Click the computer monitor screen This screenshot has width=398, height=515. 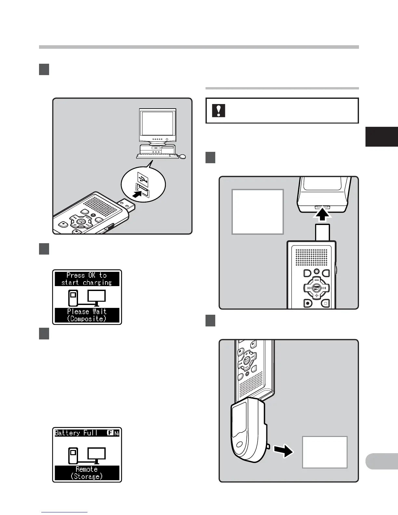[157, 124]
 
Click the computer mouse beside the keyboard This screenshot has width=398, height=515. [183, 157]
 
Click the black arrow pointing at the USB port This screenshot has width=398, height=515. [138, 195]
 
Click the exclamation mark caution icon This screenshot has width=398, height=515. [219, 111]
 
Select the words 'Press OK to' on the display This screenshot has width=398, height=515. [86, 275]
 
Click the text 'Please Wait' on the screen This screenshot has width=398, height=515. [87, 311]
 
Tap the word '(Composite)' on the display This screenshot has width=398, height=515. [87, 319]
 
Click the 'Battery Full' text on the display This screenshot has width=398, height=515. [76, 433]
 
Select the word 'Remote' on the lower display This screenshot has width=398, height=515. [86, 469]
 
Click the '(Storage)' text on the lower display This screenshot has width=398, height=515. [86, 476]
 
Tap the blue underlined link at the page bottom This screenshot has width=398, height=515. [64, 513]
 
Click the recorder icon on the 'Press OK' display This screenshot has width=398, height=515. [73, 297]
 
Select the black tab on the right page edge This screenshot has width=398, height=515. [382, 137]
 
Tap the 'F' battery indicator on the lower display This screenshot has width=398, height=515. [110, 433]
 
